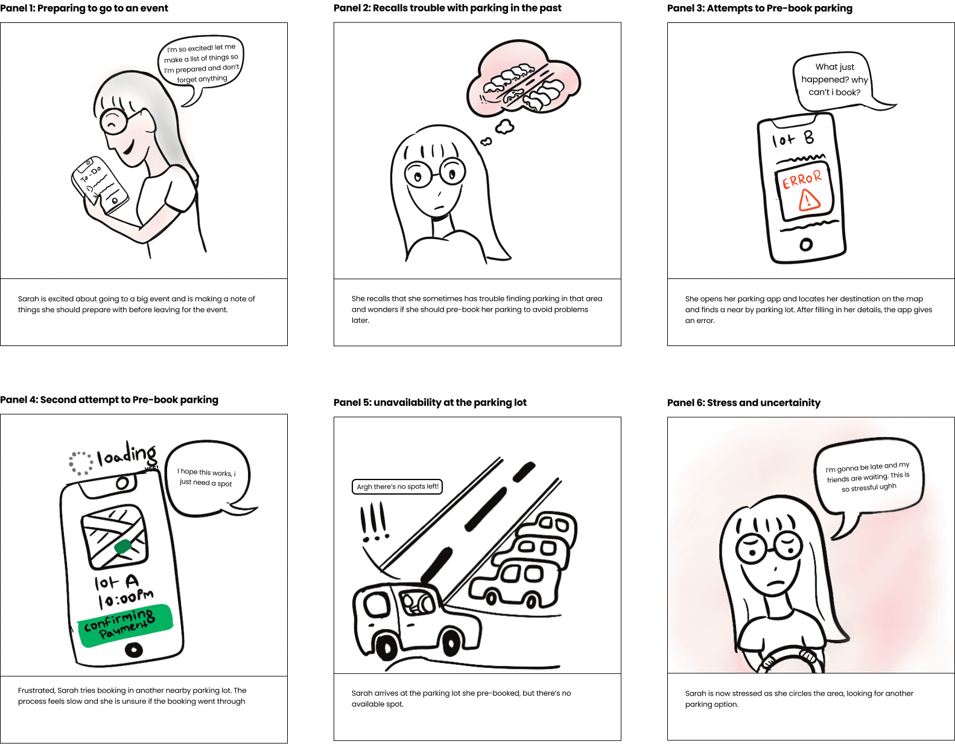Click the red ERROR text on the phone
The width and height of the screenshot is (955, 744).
pyautogui.click(x=802, y=179)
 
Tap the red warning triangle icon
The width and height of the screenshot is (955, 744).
pyautogui.click(x=808, y=200)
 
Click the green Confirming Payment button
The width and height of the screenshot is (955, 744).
pyautogui.click(x=125, y=625)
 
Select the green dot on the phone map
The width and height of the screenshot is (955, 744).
pyautogui.click(x=123, y=547)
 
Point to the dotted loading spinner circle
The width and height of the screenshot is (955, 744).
pyautogui.click(x=81, y=463)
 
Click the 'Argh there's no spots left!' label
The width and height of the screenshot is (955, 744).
pyautogui.click(x=397, y=486)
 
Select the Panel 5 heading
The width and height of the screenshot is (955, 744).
pyautogui.click(x=430, y=402)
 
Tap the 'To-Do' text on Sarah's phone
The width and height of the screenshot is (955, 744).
pyautogui.click(x=90, y=174)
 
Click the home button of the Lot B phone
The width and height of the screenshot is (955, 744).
pyautogui.click(x=806, y=245)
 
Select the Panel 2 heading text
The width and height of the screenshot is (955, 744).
pyautogui.click(x=448, y=8)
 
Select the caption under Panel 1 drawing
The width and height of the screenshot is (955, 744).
pyautogui.click(x=136, y=304)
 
